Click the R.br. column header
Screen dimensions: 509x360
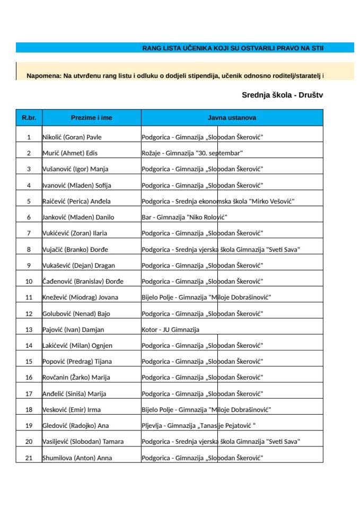click(x=29, y=117)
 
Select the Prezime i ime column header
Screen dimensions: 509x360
click(x=91, y=117)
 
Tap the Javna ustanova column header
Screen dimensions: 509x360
click(x=232, y=117)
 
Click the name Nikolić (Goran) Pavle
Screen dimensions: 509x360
click(x=72, y=137)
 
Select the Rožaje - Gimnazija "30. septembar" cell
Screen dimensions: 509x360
click(x=192, y=153)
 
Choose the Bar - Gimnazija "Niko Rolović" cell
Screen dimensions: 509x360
click(x=184, y=217)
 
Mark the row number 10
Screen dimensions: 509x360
click(x=29, y=282)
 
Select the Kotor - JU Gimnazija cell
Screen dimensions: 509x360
click(x=170, y=330)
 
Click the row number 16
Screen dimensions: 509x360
click(x=29, y=378)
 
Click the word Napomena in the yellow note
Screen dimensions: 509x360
click(x=43, y=76)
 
